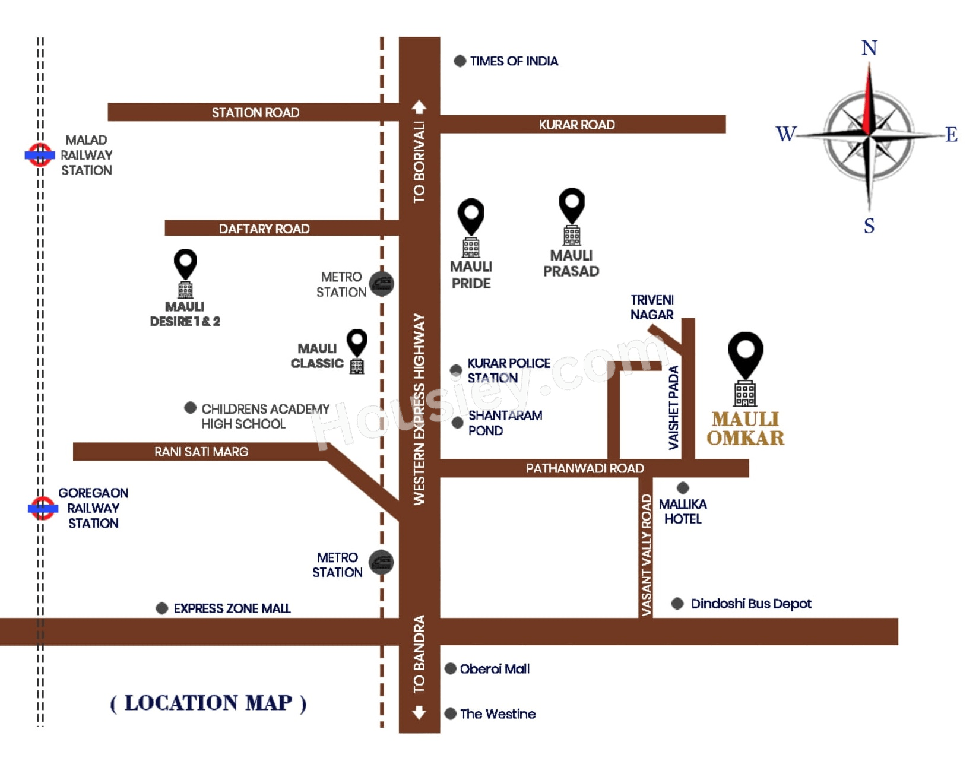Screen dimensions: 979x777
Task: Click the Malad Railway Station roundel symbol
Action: coord(40,155)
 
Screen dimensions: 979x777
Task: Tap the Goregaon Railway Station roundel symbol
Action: coord(43,508)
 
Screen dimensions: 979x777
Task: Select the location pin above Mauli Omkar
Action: coord(746,355)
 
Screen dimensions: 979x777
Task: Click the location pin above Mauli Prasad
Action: coord(572,206)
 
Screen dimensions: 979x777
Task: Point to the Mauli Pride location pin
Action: coord(471,217)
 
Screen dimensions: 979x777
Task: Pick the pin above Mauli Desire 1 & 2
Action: coord(185,264)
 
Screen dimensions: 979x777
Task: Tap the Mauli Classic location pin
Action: coord(357,343)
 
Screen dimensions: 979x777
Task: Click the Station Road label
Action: coord(255,112)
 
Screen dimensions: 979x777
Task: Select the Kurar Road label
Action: coord(576,125)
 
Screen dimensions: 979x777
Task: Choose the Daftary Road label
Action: coord(264,229)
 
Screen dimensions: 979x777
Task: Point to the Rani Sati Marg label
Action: coord(201,452)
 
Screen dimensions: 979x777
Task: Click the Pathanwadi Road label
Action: coord(585,468)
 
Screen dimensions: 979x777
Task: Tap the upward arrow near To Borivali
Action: coord(419,107)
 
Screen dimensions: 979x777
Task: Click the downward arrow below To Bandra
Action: coord(419,712)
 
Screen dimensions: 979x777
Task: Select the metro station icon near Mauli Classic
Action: coord(381,284)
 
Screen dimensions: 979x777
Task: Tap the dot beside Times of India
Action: coord(460,61)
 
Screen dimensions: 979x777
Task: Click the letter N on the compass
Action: coord(869,47)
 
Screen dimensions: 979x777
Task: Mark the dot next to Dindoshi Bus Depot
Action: coord(677,604)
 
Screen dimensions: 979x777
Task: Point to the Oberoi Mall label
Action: coord(495,669)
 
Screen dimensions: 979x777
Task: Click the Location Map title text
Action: coord(208,703)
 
